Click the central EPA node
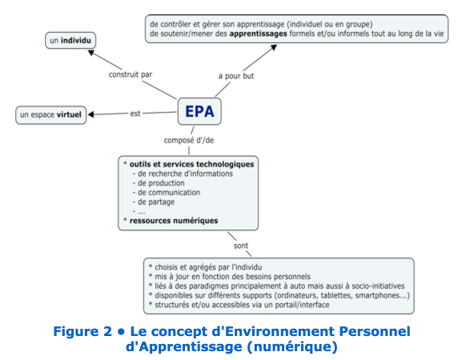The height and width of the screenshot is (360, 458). click(x=199, y=111)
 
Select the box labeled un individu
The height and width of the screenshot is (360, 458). click(x=70, y=40)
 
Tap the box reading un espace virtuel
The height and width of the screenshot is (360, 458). click(x=50, y=115)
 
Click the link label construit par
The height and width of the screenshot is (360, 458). click(x=131, y=74)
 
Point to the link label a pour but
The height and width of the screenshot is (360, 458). click(x=236, y=76)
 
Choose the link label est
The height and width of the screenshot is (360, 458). click(x=135, y=114)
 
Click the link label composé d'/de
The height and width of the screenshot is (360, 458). click(x=189, y=140)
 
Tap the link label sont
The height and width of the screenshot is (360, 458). click(x=241, y=246)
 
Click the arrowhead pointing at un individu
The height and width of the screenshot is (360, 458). click(x=91, y=53)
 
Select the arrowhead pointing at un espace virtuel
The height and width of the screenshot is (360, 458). click(x=90, y=114)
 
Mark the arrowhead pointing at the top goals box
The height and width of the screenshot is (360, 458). click(x=274, y=47)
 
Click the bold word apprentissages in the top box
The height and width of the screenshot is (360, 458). click(x=258, y=34)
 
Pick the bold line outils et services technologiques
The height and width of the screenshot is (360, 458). click(x=191, y=164)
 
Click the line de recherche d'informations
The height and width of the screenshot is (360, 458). click(x=185, y=174)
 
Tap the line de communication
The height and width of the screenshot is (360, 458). click(x=169, y=193)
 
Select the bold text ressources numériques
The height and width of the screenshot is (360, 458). click(x=174, y=221)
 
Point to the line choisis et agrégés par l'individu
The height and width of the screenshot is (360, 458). click(x=208, y=267)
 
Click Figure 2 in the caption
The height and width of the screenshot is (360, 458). click(x=82, y=331)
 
